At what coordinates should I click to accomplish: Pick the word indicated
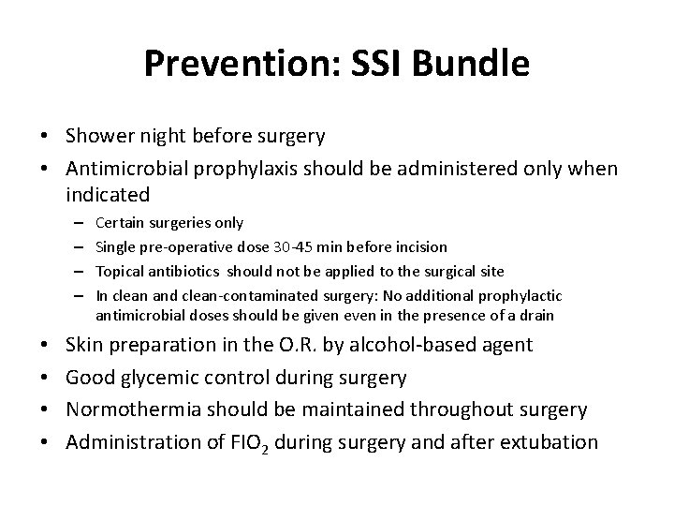108,196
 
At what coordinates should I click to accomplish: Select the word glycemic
163,378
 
